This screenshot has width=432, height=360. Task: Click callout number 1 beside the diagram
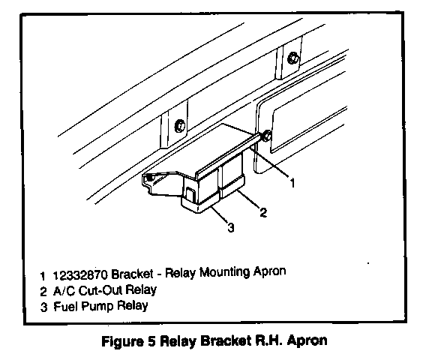click(x=292, y=183)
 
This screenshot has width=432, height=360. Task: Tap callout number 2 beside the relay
click(x=263, y=212)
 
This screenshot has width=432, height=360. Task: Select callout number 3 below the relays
click(x=231, y=227)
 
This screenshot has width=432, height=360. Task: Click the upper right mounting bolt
click(x=292, y=58)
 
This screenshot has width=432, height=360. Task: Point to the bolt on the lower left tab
click(x=180, y=126)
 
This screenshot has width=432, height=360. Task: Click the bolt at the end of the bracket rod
click(x=266, y=136)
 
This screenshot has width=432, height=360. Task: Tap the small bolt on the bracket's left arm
click(x=150, y=178)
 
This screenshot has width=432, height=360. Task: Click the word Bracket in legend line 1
click(x=132, y=274)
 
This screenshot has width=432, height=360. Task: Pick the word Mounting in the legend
click(x=224, y=272)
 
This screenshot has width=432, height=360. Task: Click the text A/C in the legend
click(x=64, y=291)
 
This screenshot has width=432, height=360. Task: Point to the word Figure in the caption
click(x=122, y=342)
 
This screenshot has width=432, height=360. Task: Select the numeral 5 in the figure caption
click(x=151, y=341)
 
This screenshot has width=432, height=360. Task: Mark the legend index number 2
click(x=43, y=292)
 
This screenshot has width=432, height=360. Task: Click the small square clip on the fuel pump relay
click(x=190, y=193)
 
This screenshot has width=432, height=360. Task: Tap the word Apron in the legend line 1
click(x=269, y=271)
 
